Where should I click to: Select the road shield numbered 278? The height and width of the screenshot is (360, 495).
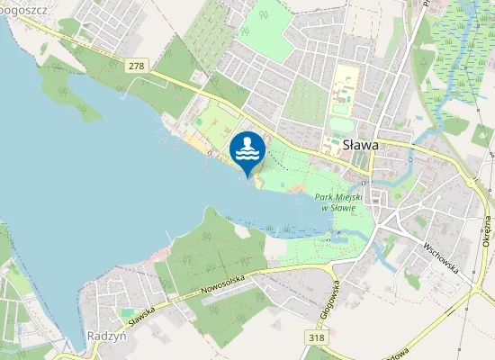click(x=137, y=67)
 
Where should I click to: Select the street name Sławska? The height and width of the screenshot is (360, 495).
click(x=143, y=315)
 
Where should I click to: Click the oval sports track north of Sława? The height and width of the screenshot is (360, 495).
click(x=339, y=124)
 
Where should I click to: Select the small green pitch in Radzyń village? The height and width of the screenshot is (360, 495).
click(x=128, y=312)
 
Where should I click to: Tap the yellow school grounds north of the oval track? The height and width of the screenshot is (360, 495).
click(x=344, y=93)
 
